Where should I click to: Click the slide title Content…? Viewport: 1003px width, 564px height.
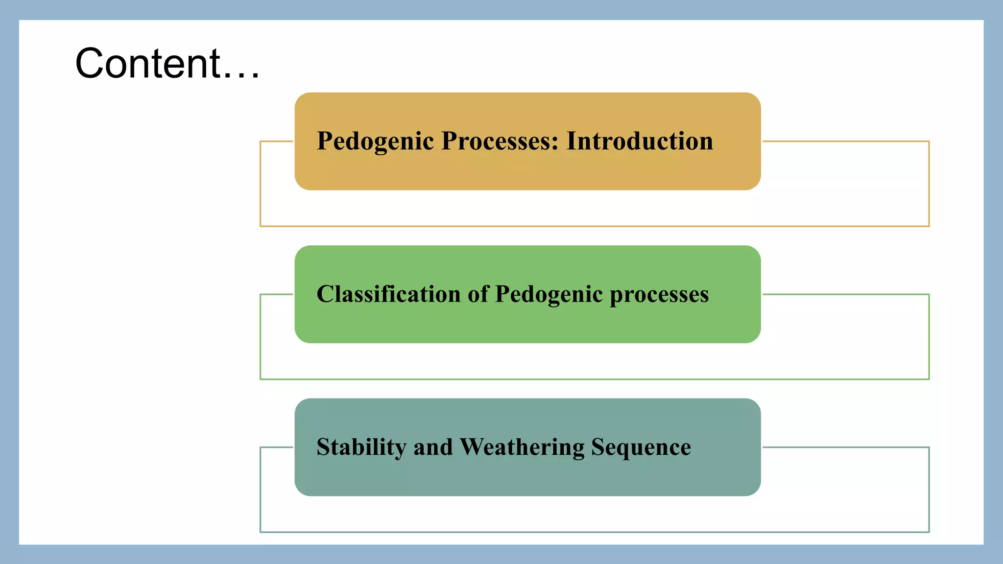[x=167, y=63]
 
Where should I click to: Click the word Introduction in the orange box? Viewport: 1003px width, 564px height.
[x=639, y=141]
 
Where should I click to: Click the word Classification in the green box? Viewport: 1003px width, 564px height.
[x=388, y=294]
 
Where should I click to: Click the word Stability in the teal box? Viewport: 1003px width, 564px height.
[x=361, y=447]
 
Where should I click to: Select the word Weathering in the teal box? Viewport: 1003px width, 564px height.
[x=522, y=447]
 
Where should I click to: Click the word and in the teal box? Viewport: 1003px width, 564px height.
[x=433, y=447]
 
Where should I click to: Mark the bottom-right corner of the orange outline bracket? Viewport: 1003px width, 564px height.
[x=929, y=226]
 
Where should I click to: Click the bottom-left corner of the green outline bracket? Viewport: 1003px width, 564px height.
[x=261, y=378]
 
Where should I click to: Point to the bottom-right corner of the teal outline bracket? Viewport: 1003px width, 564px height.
[x=929, y=531]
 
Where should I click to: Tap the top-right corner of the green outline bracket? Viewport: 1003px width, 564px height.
[x=929, y=295]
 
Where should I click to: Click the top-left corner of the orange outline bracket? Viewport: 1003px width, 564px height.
[x=261, y=142]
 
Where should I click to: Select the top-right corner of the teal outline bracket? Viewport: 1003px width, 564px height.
[x=929, y=447]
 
